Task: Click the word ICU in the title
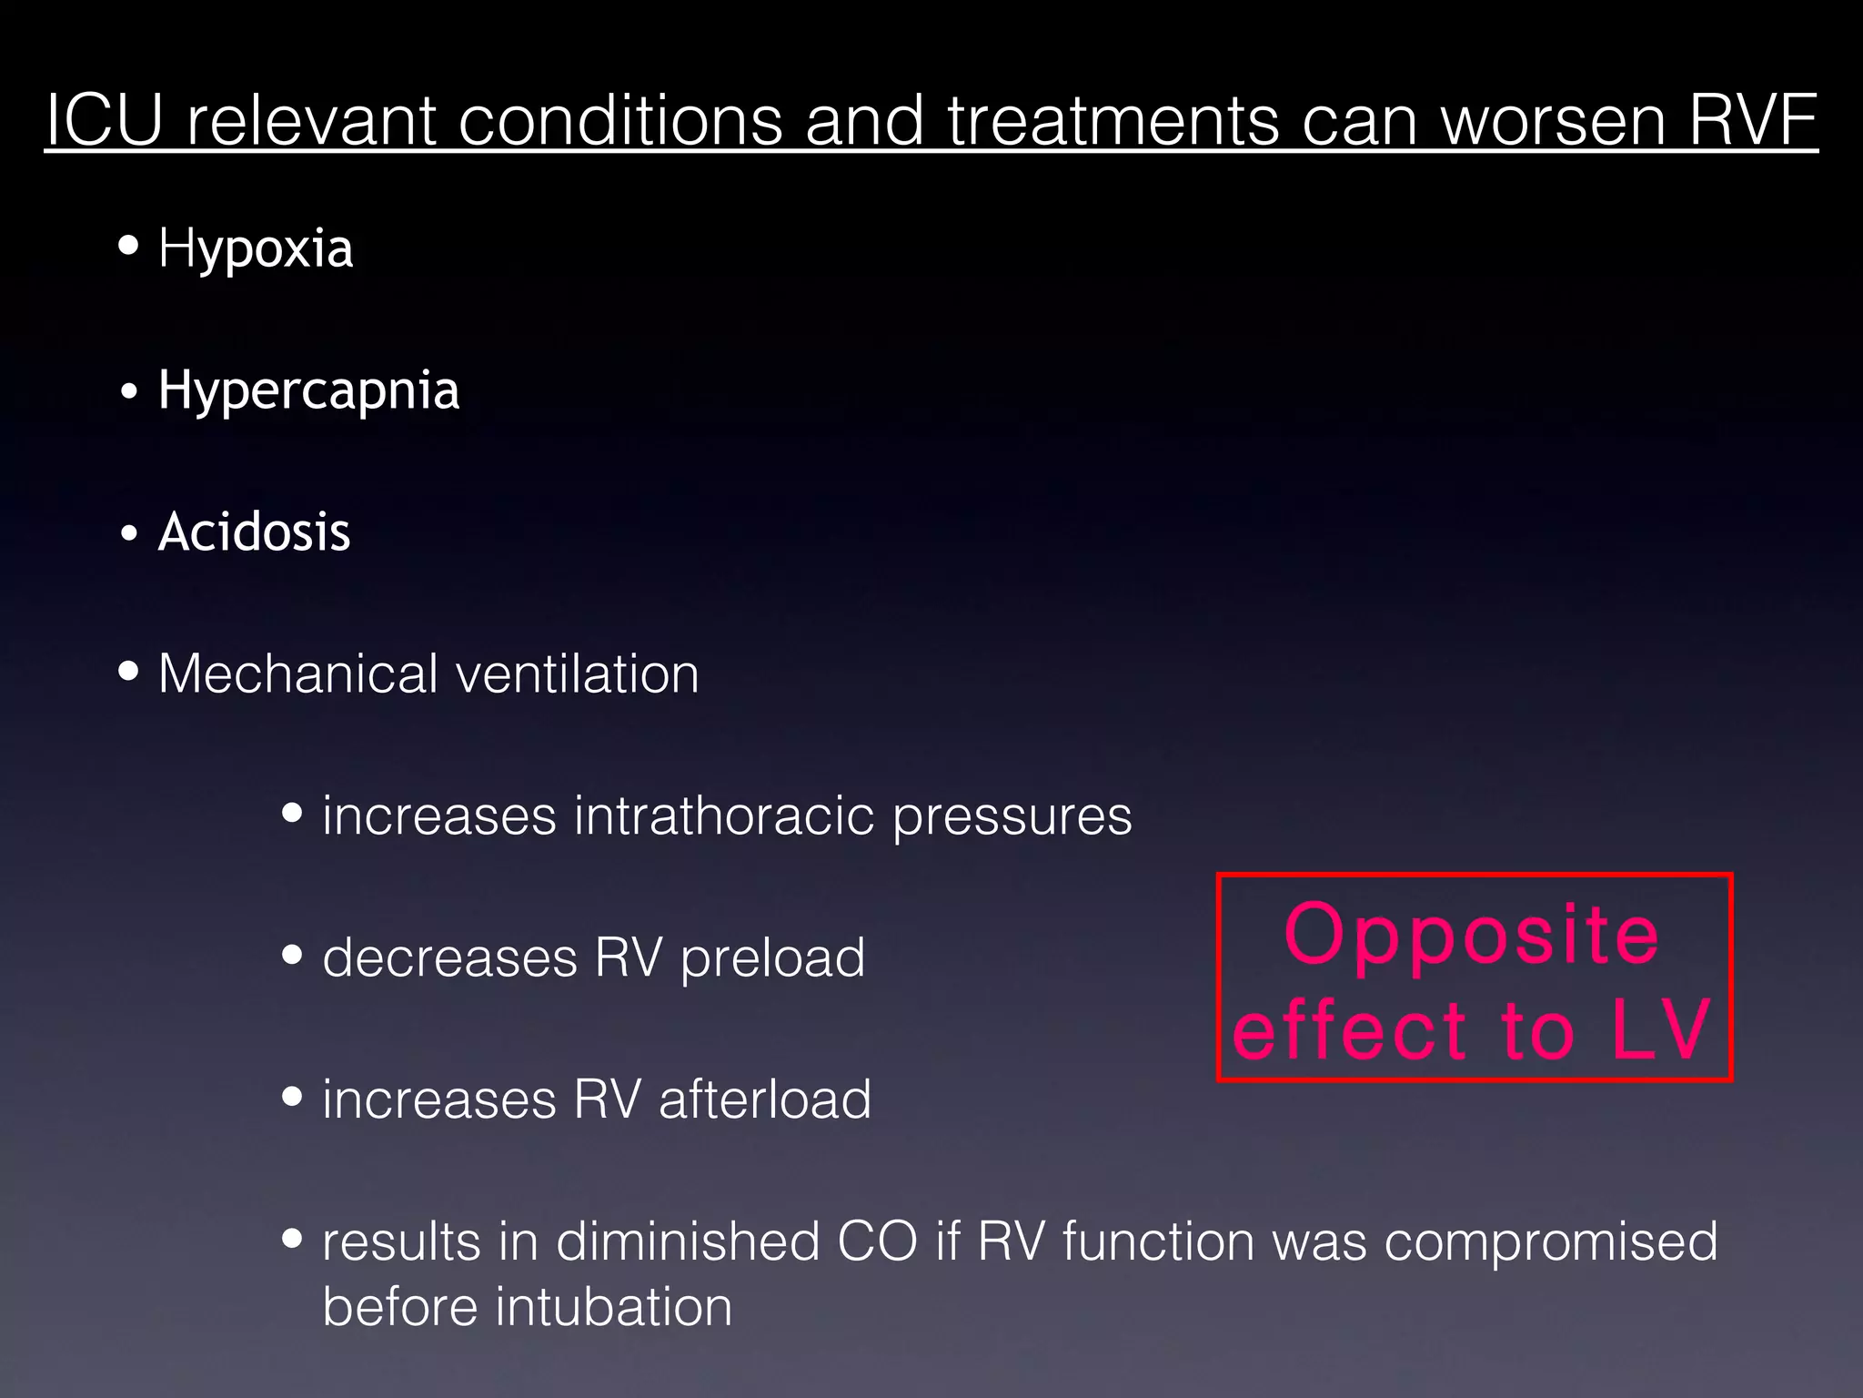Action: click(104, 120)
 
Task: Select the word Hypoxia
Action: click(256, 248)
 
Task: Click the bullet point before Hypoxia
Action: click(129, 245)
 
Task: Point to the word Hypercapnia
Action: click(308, 391)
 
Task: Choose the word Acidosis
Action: click(255, 532)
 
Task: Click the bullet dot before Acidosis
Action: click(129, 533)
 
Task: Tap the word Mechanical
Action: click(297, 674)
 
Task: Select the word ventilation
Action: click(577, 674)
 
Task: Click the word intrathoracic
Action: click(723, 815)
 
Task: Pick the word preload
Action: click(772, 959)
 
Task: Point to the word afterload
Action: click(764, 1099)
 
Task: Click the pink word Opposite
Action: click(1472, 936)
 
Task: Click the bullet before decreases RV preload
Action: click(292, 955)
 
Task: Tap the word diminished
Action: click(688, 1241)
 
